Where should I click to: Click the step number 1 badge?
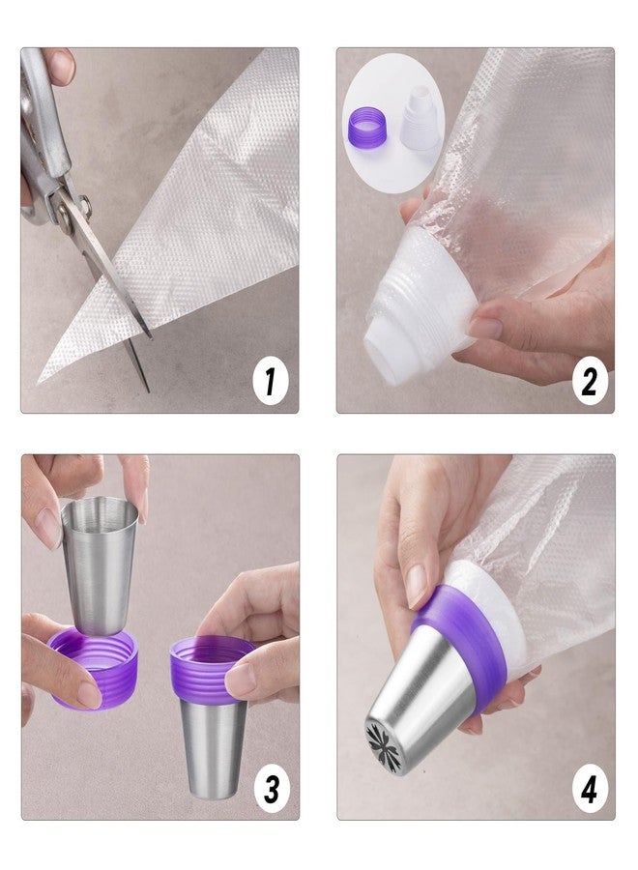tap(271, 381)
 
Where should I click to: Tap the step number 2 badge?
tap(590, 381)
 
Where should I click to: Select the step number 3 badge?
tap(272, 789)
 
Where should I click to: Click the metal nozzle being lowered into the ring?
tap(99, 565)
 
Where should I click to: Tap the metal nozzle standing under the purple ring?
tap(212, 747)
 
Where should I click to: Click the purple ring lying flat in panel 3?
tap(93, 667)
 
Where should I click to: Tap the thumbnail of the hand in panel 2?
tap(484, 327)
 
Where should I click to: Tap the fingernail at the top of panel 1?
tap(63, 66)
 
